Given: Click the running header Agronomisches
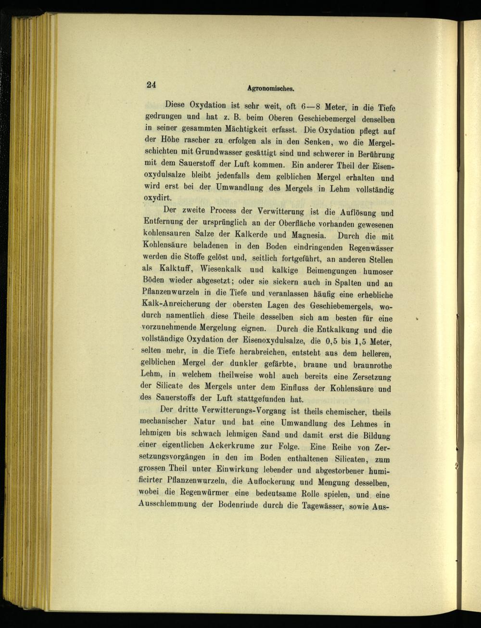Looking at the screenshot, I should click(x=270, y=89).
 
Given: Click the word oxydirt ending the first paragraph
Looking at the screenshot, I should click(x=157, y=198).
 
